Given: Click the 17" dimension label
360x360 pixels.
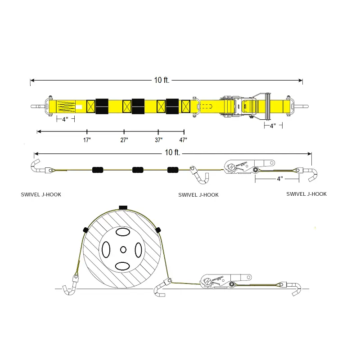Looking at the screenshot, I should [87, 140].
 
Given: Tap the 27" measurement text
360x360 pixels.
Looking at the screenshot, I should [124, 140].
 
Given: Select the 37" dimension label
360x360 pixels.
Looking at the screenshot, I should [158, 140].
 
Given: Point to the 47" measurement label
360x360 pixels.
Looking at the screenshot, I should [183, 140].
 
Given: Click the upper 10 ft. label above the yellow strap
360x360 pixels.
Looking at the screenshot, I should [162, 80].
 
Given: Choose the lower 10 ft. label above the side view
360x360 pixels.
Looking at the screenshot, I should [173, 153].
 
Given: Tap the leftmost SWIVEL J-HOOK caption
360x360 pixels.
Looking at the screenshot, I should [41, 195].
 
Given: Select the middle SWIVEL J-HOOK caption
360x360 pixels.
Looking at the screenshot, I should [198, 195].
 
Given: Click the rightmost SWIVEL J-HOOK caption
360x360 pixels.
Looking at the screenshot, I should [306, 194].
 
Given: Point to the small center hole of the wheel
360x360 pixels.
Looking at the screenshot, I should [123, 249].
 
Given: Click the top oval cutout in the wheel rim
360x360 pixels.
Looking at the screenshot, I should [123, 232].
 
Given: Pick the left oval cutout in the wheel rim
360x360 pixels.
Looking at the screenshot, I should [107, 249].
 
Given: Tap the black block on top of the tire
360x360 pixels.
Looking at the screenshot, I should [123, 207].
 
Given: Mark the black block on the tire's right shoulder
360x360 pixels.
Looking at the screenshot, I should [158, 230].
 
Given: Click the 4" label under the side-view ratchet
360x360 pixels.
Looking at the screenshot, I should [279, 179].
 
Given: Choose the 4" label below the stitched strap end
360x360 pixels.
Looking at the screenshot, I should [65, 119].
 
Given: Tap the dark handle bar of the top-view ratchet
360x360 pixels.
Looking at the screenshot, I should [267, 106].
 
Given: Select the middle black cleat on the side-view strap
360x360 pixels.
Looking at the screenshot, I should [138, 170].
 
